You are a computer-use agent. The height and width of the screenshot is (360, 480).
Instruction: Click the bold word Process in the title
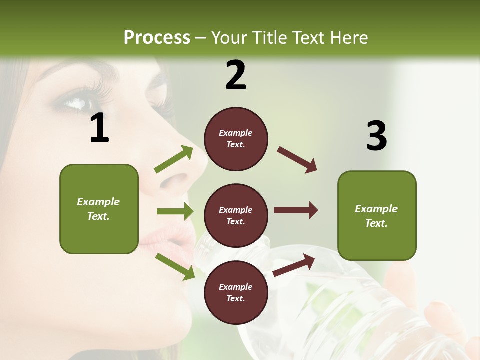point(157,38)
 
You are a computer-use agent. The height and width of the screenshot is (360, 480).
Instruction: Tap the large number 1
point(99,128)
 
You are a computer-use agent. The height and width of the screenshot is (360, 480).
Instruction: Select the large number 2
point(236,75)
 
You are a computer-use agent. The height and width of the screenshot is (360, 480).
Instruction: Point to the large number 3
point(376,136)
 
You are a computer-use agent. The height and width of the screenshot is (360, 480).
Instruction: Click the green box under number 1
point(99,209)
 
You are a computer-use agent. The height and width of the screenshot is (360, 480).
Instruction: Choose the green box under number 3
point(377,216)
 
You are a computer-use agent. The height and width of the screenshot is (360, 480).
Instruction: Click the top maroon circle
point(236,139)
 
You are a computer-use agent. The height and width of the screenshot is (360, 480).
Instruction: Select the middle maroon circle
point(236,215)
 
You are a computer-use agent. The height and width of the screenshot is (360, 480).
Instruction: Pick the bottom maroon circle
point(236,292)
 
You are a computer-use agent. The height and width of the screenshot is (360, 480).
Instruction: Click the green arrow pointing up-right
point(174,159)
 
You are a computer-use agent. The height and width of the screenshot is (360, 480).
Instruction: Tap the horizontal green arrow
point(175,211)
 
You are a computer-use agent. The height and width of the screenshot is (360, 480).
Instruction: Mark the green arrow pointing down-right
point(175,266)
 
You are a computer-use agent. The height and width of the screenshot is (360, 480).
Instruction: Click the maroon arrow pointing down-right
point(297,159)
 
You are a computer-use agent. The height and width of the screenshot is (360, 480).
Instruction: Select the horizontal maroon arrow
point(295,210)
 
